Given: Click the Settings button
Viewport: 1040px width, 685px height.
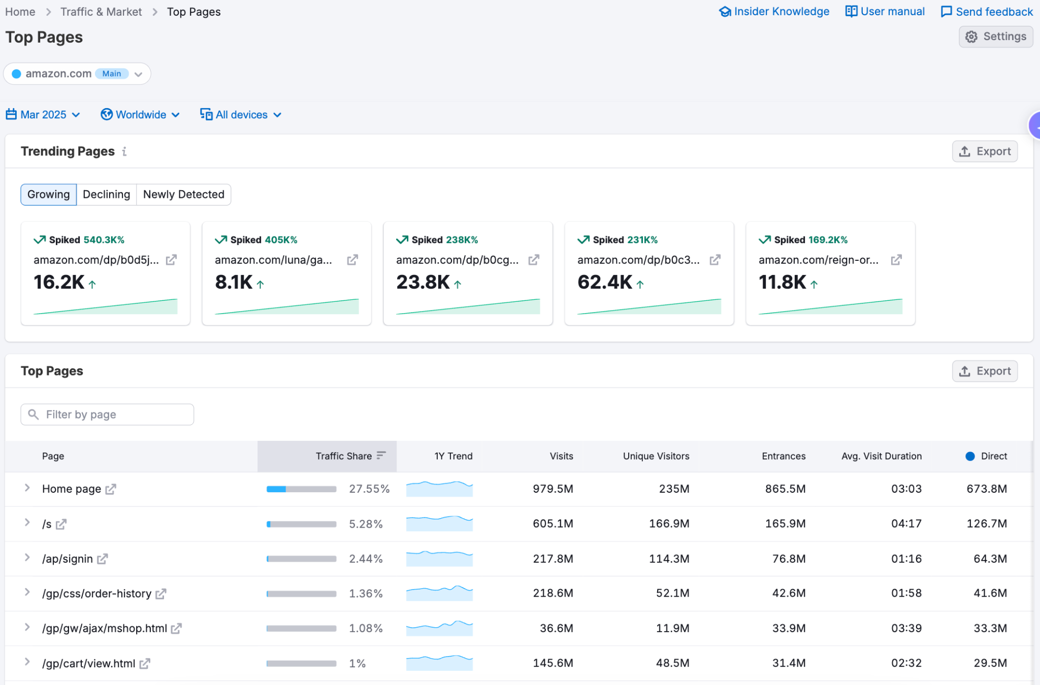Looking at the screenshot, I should (x=996, y=37).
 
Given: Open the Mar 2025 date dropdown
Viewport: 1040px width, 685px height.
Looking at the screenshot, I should (x=43, y=115).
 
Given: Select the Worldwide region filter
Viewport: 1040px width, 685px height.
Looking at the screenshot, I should (x=140, y=115).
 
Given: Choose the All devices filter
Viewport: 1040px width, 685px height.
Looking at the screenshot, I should (x=241, y=115).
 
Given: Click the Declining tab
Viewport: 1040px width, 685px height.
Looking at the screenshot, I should (x=106, y=194).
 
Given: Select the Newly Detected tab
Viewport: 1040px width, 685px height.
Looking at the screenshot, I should (x=183, y=194).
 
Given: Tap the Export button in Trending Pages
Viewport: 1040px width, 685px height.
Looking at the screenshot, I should (x=984, y=151).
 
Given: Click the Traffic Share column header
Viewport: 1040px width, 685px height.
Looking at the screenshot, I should (x=344, y=456).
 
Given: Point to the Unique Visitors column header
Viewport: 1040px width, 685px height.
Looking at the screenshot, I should (x=656, y=456).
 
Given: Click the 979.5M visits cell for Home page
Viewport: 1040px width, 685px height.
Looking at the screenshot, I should (x=552, y=489).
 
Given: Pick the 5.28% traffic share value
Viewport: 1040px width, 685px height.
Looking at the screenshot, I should (x=366, y=524).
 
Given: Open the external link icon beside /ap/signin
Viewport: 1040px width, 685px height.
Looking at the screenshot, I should (x=103, y=559).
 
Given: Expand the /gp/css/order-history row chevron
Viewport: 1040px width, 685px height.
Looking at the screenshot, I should (x=27, y=593).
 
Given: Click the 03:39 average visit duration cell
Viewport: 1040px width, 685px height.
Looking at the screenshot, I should (x=906, y=628).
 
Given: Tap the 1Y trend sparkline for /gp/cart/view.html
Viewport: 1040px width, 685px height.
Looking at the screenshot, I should (x=439, y=663).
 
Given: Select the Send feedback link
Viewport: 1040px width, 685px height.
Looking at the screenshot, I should (x=987, y=12).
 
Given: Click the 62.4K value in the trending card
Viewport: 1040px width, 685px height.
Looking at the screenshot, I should (x=605, y=282).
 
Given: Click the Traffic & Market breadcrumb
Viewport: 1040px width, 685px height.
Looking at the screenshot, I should (x=101, y=12).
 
